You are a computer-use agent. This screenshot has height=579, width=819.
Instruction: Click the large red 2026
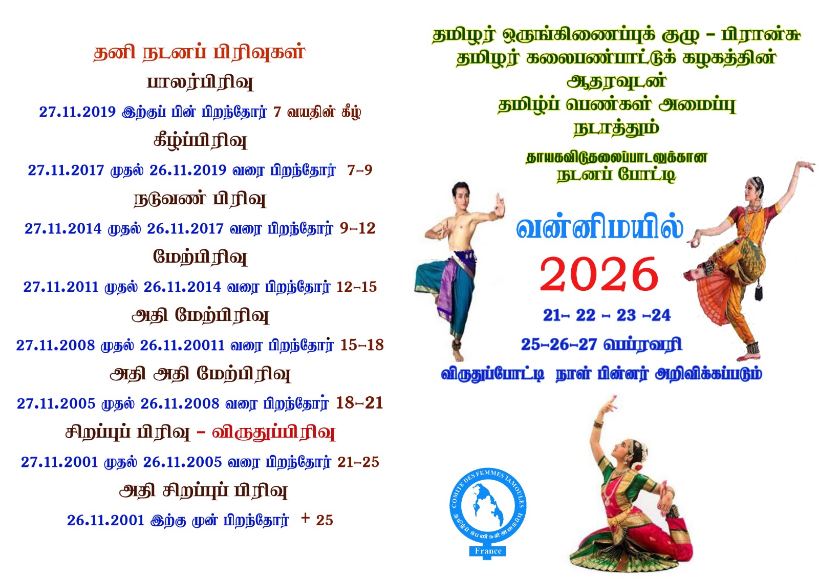click(x=599, y=274)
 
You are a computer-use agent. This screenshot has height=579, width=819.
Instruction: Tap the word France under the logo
click(x=488, y=550)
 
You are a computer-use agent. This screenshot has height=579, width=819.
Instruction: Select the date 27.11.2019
click(x=77, y=112)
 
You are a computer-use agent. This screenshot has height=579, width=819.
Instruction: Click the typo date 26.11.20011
click(x=182, y=345)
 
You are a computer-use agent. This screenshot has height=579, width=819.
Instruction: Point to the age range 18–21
click(x=359, y=403)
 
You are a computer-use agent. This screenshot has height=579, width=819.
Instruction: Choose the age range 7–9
click(x=360, y=170)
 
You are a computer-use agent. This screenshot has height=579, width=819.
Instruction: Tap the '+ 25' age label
click(x=317, y=520)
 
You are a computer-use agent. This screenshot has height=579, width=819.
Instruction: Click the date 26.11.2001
click(x=105, y=520)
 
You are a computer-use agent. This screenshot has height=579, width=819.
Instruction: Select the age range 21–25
click(x=358, y=462)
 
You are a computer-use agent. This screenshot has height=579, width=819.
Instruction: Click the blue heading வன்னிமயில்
click(x=599, y=228)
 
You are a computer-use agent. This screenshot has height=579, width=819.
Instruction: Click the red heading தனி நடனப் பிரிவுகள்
click(x=199, y=52)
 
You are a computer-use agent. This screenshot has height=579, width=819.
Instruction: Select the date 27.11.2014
click(x=63, y=229)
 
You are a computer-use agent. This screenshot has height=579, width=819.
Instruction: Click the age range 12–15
click(x=356, y=287)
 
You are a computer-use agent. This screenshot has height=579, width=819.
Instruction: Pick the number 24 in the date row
click(x=661, y=315)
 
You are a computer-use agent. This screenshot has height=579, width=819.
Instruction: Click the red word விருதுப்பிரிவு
click(x=273, y=433)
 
